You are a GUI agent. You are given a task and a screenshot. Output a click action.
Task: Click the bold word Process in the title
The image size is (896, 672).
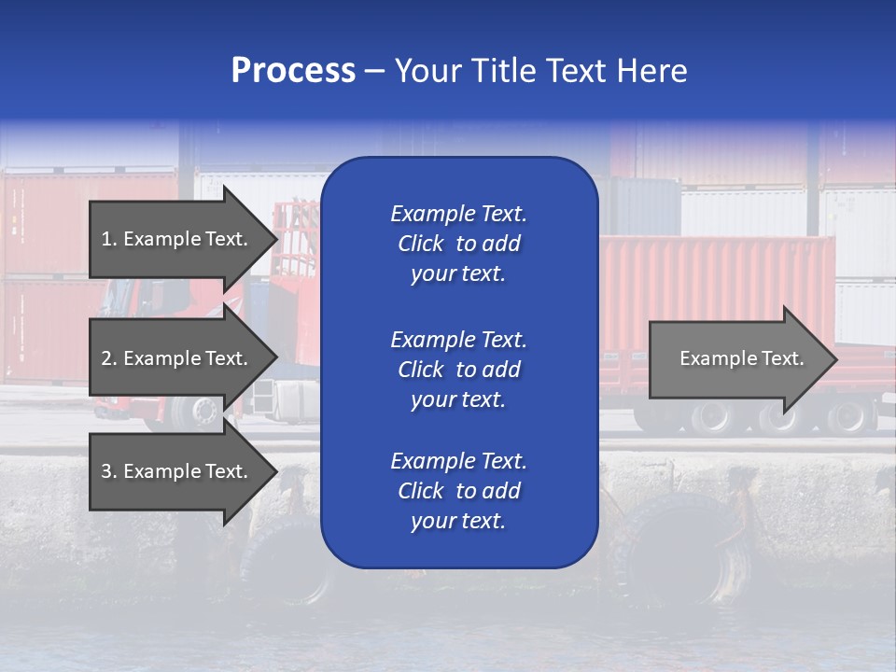click(293, 71)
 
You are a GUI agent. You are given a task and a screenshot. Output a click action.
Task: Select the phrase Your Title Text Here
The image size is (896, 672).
click(540, 71)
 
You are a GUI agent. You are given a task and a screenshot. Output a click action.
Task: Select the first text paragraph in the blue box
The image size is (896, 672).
click(458, 244)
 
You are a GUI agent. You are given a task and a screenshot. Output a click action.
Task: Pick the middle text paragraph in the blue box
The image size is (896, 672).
click(458, 370)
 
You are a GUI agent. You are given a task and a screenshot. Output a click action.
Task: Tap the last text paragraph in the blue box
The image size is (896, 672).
click(458, 491)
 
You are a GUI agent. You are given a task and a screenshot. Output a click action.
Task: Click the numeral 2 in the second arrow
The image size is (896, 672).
click(106, 358)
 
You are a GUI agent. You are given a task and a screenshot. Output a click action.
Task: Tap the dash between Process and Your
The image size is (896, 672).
click(375, 71)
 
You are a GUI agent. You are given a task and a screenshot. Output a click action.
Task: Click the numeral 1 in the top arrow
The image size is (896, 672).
click(106, 239)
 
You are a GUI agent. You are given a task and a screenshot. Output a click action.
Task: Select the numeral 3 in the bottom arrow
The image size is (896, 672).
click(106, 471)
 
